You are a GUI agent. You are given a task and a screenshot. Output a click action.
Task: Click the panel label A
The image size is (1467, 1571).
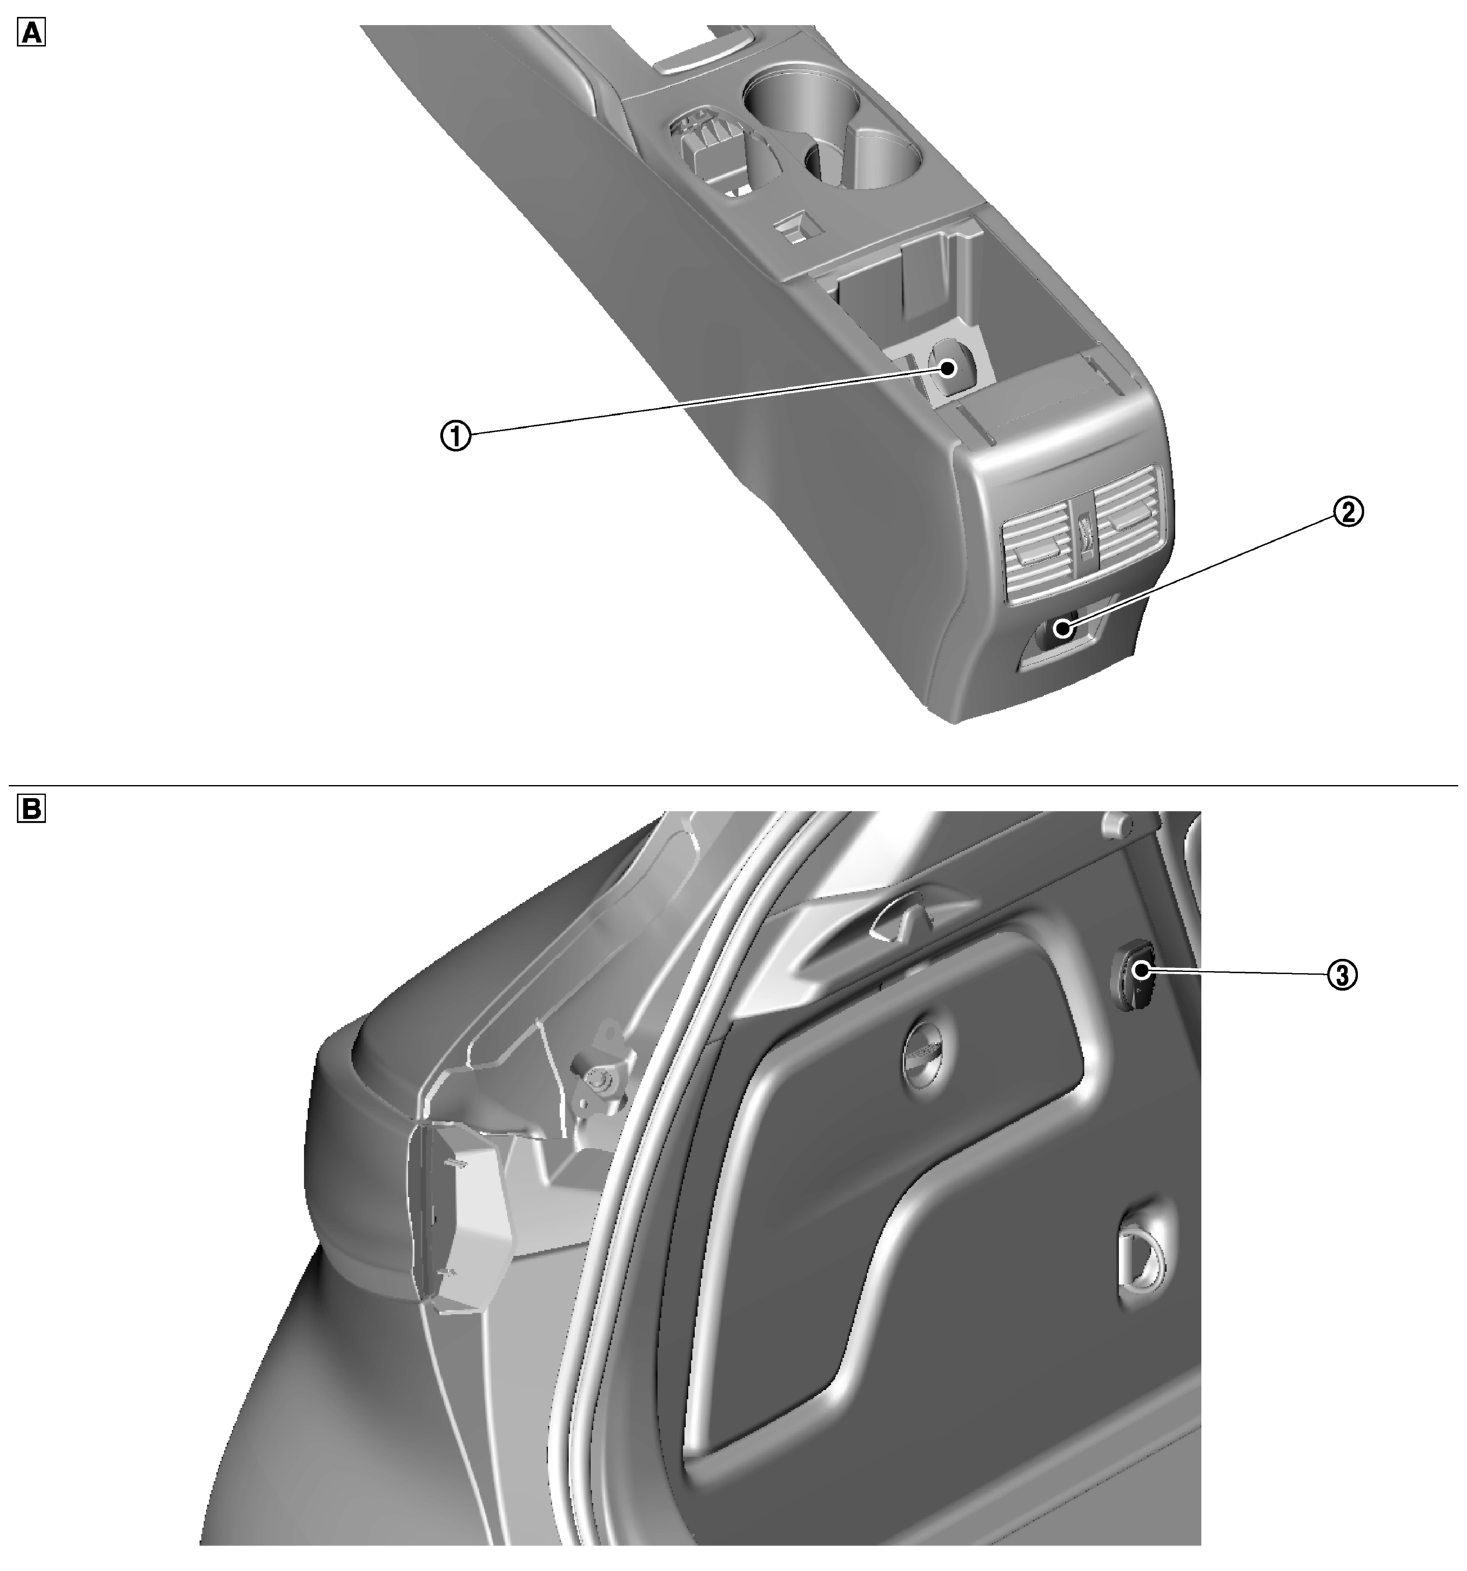[31, 32]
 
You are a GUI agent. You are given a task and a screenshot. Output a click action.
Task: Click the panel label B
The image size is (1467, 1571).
[31, 808]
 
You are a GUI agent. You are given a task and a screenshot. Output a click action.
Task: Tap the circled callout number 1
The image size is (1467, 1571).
[456, 435]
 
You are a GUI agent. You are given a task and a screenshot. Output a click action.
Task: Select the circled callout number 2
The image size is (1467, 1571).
[1349, 511]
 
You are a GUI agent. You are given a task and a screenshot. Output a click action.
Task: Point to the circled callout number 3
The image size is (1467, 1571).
[1342, 974]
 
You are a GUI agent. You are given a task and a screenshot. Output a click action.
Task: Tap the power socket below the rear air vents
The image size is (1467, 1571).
[1062, 630]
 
